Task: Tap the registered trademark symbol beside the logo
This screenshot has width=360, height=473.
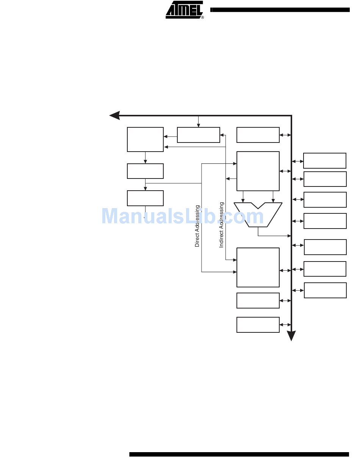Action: click(202, 17)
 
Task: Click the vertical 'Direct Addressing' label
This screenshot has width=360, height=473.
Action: click(197, 226)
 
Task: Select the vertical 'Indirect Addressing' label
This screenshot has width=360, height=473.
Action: click(222, 225)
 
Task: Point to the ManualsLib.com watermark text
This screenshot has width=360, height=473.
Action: click(183, 216)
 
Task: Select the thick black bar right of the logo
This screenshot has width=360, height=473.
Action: click(280, 10)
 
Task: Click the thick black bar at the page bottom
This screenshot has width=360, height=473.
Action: click(239, 454)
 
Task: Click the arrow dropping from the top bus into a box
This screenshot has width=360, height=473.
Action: click(198, 122)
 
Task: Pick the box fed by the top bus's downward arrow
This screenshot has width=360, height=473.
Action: click(198, 135)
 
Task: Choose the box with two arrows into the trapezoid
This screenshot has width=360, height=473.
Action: click(258, 171)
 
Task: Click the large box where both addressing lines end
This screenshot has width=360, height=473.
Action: click(258, 267)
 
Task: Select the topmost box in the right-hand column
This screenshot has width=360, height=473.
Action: click(325, 161)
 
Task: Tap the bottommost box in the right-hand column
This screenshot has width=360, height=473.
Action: click(325, 290)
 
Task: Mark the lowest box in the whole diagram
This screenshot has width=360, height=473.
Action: click(258, 325)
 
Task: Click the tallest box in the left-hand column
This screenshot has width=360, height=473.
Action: click(145, 139)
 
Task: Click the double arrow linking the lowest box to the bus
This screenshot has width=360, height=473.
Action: click(285, 325)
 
